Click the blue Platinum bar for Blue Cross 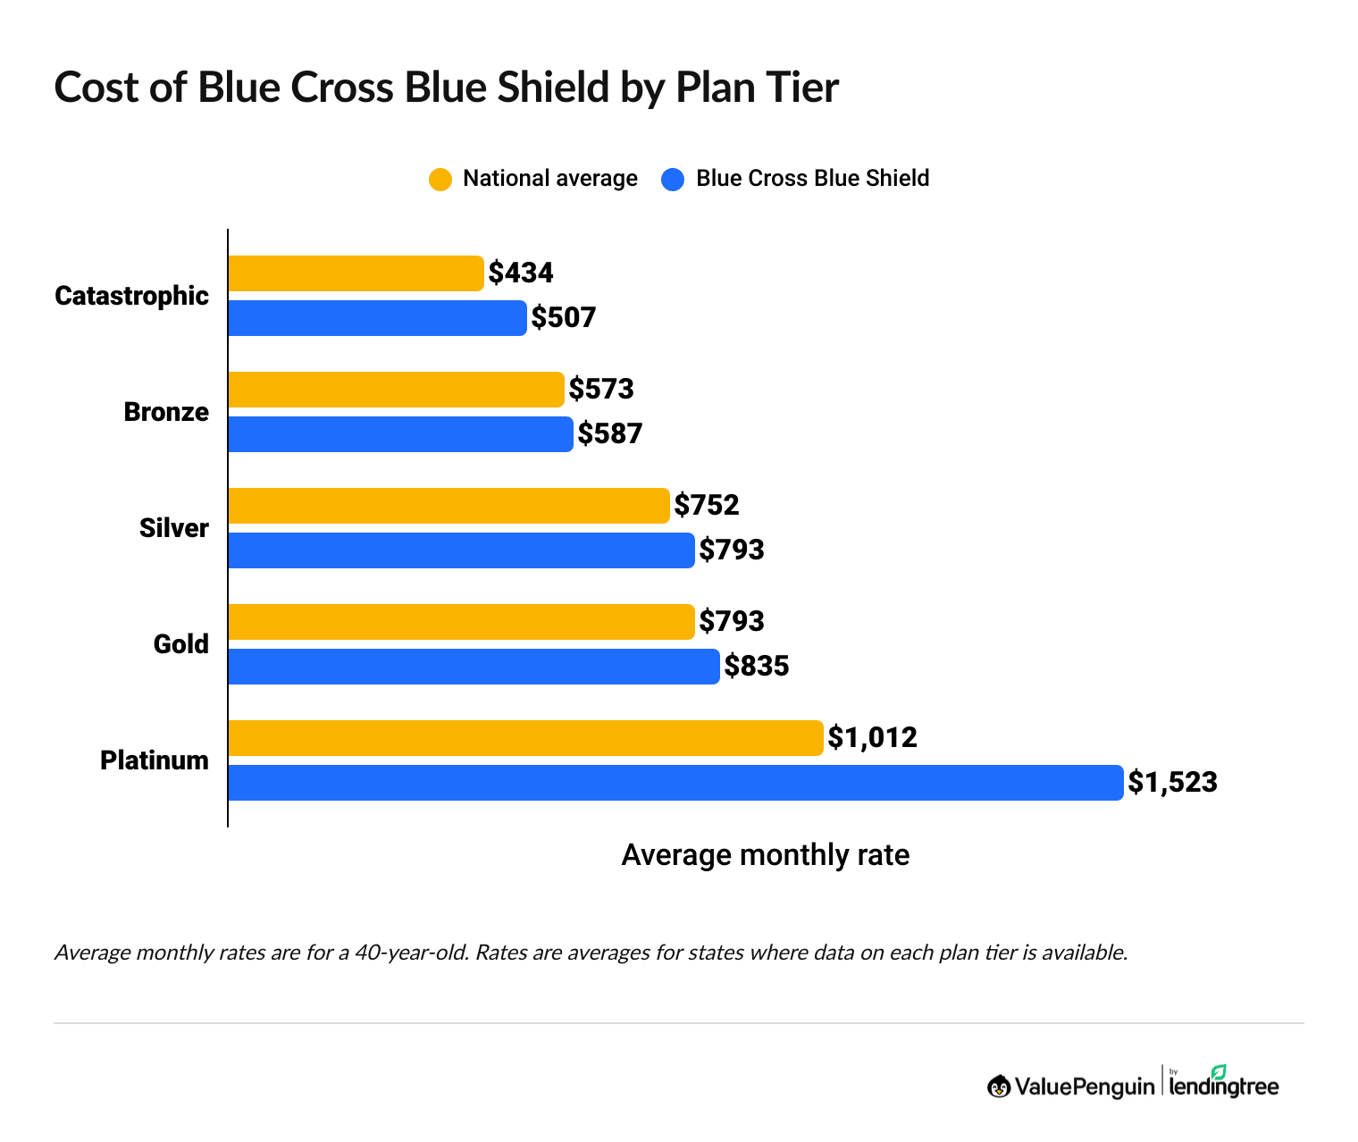675,783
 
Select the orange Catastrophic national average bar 356,273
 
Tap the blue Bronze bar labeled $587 400,434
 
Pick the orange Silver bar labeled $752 448,506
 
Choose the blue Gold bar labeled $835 474,667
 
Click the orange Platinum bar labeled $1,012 525,738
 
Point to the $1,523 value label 1172,783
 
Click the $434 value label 521,273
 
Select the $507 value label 564,317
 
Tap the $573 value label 601,389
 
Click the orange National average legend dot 440,180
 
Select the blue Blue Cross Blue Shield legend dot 673,180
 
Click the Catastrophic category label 131,296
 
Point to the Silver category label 174,528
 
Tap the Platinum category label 155,760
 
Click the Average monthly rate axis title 765,855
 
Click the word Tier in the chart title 800,88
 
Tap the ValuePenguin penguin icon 999,1087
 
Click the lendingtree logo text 1224,1086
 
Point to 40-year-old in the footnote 411,953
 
